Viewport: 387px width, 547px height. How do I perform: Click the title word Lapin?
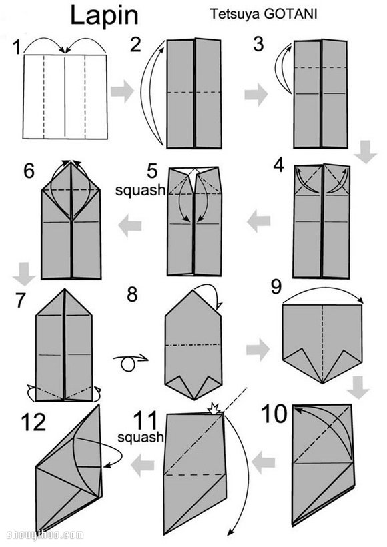(x=104, y=16)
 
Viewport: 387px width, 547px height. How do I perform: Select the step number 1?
(x=17, y=47)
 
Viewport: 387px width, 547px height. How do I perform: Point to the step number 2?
(x=135, y=45)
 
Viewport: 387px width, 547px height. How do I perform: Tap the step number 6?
(x=29, y=171)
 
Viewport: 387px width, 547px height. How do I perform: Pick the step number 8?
(x=132, y=294)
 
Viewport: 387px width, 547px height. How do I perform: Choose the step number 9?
(x=276, y=288)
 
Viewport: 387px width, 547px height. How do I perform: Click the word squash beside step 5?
(x=140, y=191)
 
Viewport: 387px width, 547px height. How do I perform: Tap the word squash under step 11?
(x=141, y=437)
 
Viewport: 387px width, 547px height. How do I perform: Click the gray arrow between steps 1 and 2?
(x=122, y=91)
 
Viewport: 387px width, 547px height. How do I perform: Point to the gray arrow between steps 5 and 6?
(x=130, y=225)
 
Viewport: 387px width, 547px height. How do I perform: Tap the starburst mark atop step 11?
(x=214, y=408)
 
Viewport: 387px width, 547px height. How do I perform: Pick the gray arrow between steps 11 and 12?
(x=143, y=465)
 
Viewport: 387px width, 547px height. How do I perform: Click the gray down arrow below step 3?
(x=366, y=151)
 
